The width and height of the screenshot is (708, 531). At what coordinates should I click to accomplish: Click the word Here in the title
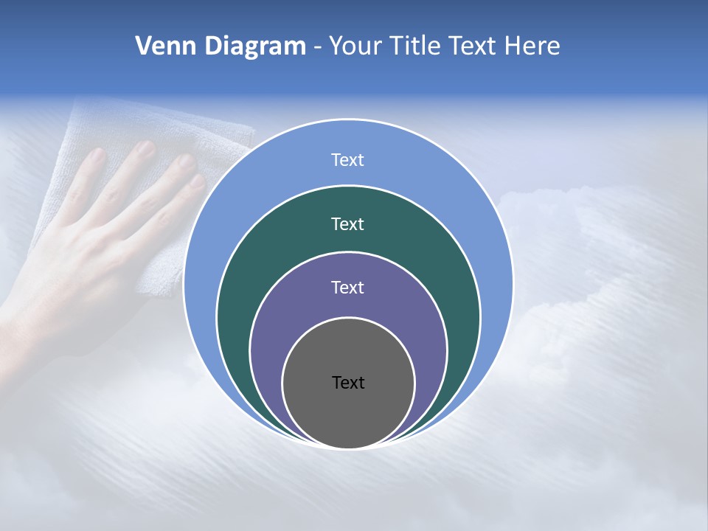[532, 46]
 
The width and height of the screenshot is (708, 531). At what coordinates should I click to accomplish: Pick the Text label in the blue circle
[348, 160]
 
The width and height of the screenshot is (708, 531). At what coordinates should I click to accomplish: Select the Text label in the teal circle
[348, 223]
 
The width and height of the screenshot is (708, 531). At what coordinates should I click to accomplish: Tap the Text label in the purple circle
[348, 288]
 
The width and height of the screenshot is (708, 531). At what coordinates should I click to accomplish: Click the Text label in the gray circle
[348, 383]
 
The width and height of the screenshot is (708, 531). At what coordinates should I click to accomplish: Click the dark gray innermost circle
[348, 413]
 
